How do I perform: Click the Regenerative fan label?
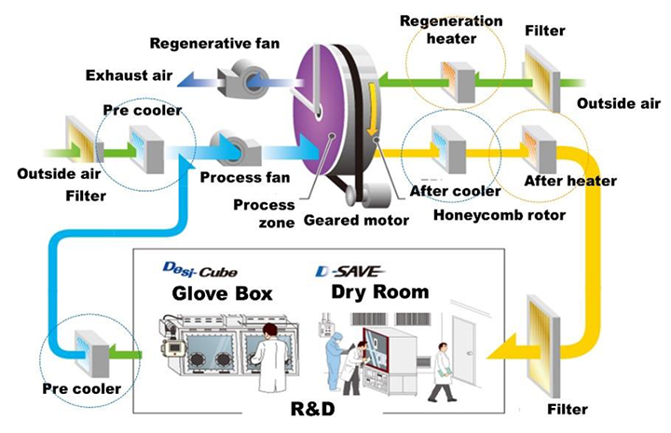pyautogui.click(x=214, y=43)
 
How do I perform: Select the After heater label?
pyautogui.click(x=570, y=180)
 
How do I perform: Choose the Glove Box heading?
pyautogui.click(x=222, y=292)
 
